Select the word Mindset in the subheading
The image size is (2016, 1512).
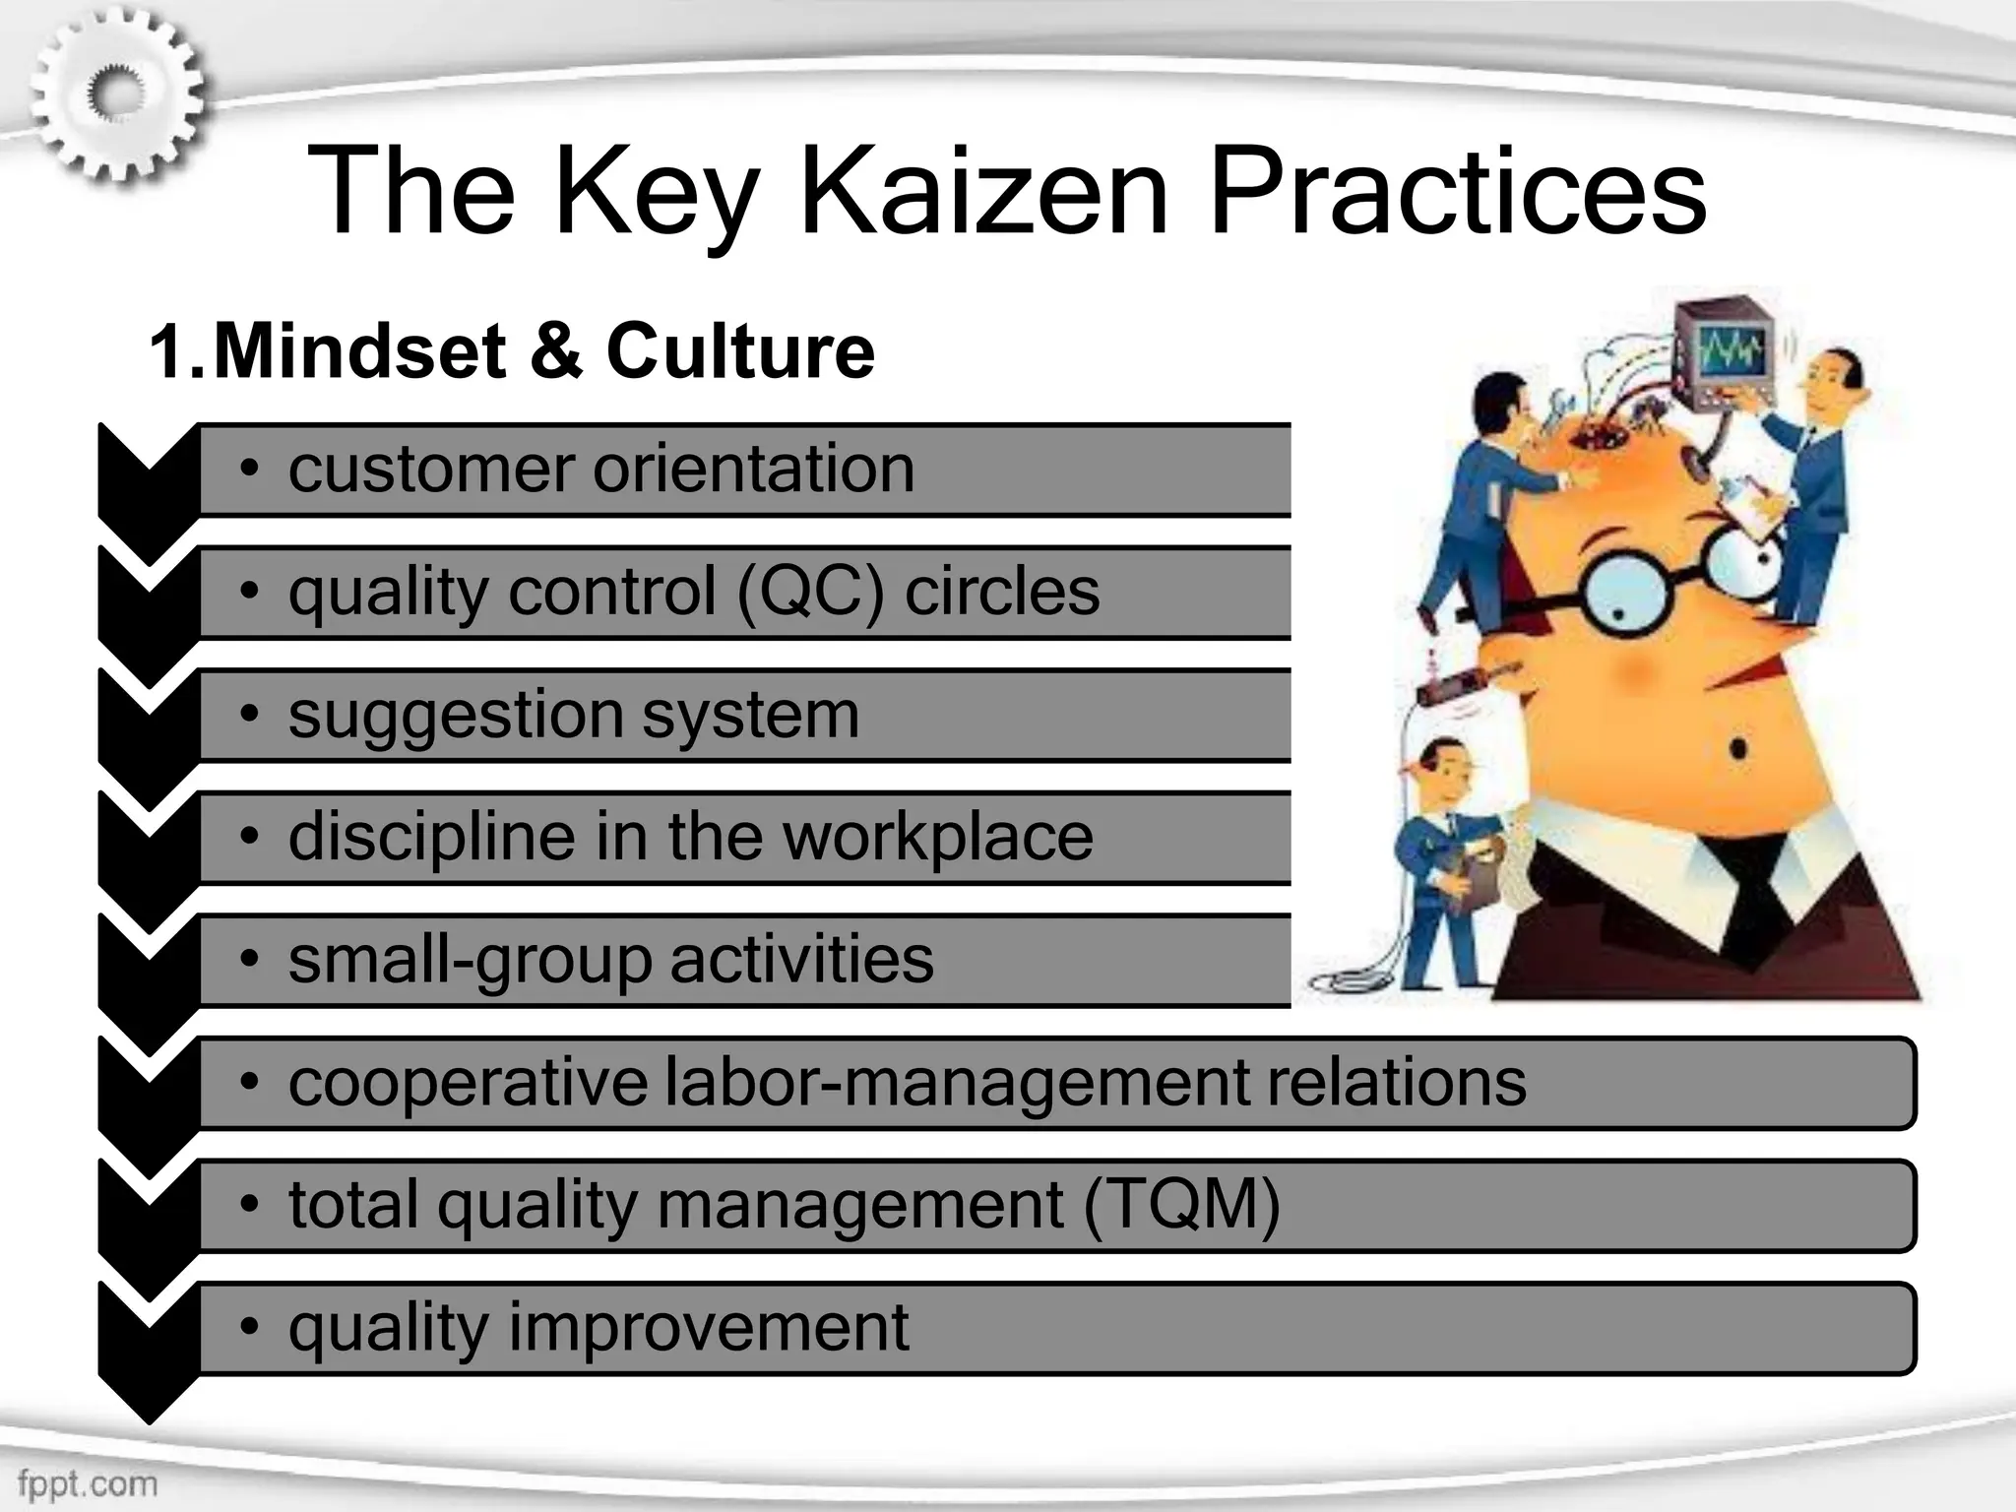point(360,350)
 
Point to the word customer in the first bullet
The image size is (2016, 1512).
point(429,469)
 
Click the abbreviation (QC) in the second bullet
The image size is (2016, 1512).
point(809,592)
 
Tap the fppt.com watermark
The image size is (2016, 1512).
point(87,1482)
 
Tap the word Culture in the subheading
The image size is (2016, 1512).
point(740,350)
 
